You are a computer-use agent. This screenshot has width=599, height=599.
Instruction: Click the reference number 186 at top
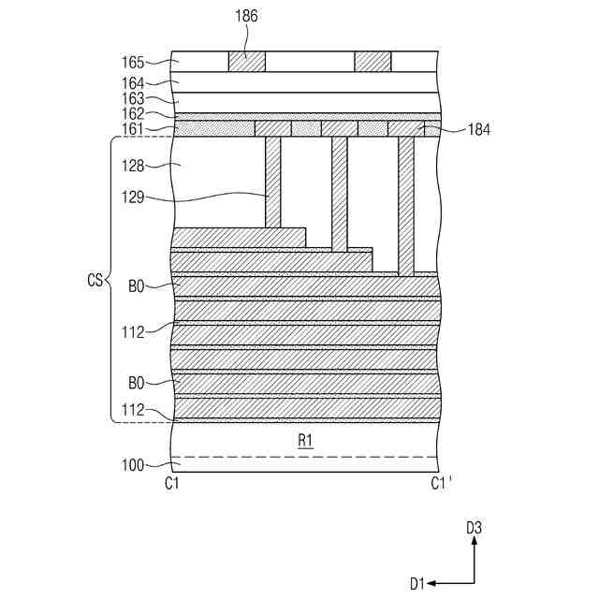[x=245, y=16]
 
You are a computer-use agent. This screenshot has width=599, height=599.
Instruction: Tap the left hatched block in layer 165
[x=247, y=61]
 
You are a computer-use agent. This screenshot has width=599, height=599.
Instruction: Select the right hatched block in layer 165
[x=373, y=61]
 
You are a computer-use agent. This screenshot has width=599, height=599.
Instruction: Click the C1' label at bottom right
[x=442, y=484]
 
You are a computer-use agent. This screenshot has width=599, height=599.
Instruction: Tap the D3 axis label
[x=475, y=528]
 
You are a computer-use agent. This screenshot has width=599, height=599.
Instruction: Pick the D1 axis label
[x=417, y=583]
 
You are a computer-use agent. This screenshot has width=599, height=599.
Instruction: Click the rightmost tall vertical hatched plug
[x=406, y=206]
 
